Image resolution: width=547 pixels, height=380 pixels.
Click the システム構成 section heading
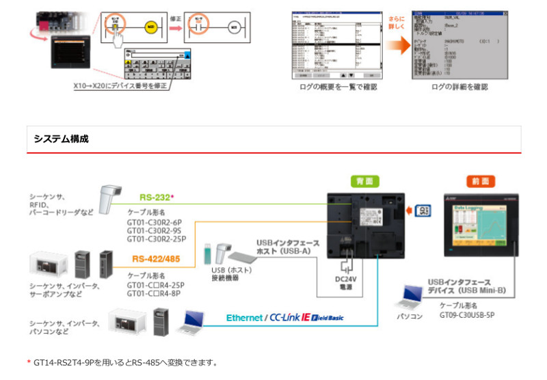click(61, 139)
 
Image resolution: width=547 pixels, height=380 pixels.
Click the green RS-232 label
click(155, 197)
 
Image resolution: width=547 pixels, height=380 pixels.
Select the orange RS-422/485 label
click(157, 259)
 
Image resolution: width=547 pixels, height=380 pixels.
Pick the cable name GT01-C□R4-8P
click(154, 293)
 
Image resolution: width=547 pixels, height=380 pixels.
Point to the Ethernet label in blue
click(244, 318)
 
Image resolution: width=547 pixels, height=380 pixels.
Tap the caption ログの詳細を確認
click(459, 87)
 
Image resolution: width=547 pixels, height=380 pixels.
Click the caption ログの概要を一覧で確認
click(338, 87)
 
